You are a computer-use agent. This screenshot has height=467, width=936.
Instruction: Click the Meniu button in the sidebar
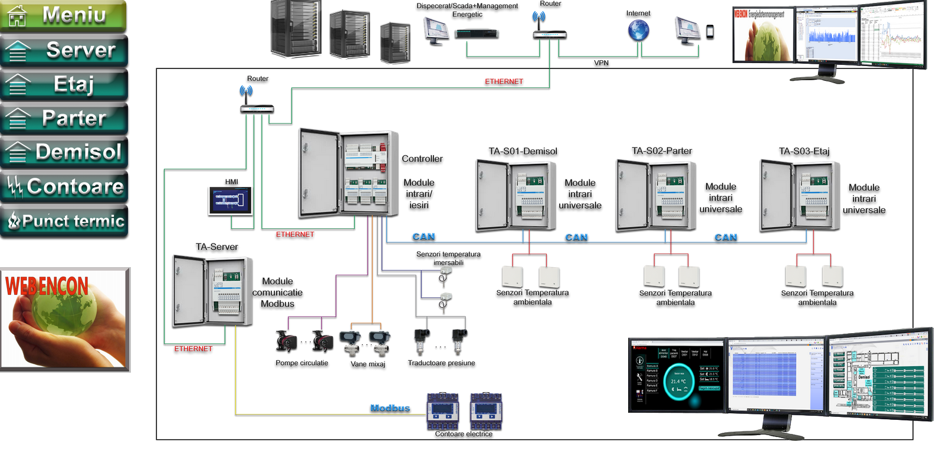click(64, 16)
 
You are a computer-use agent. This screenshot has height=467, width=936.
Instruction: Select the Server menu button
click(64, 51)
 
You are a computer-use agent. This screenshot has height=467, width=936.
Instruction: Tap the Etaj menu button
click(64, 84)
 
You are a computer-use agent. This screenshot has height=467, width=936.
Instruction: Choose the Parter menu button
click(64, 119)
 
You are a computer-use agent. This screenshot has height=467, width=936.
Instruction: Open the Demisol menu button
click(64, 152)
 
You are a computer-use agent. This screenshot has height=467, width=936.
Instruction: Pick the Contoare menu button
click(64, 187)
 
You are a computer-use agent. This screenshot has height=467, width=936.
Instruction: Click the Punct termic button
click(64, 221)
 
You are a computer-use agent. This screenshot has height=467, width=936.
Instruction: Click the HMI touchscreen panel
click(230, 200)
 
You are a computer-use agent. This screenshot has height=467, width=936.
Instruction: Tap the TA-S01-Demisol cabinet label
click(523, 152)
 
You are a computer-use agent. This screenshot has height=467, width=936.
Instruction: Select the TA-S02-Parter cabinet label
click(662, 151)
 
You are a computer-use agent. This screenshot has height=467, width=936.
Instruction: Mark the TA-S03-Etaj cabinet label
click(804, 152)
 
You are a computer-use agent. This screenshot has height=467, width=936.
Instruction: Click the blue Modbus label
click(390, 408)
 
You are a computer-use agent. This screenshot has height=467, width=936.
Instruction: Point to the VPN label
click(601, 63)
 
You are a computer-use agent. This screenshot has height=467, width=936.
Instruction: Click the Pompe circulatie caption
click(301, 363)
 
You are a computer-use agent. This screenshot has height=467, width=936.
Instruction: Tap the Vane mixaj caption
click(367, 364)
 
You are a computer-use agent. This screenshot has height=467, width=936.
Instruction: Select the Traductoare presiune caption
click(441, 363)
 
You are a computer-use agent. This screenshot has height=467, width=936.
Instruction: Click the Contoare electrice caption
click(464, 434)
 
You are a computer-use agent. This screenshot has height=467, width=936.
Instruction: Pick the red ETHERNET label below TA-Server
click(193, 349)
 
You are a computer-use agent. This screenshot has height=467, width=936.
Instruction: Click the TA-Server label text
click(216, 247)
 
